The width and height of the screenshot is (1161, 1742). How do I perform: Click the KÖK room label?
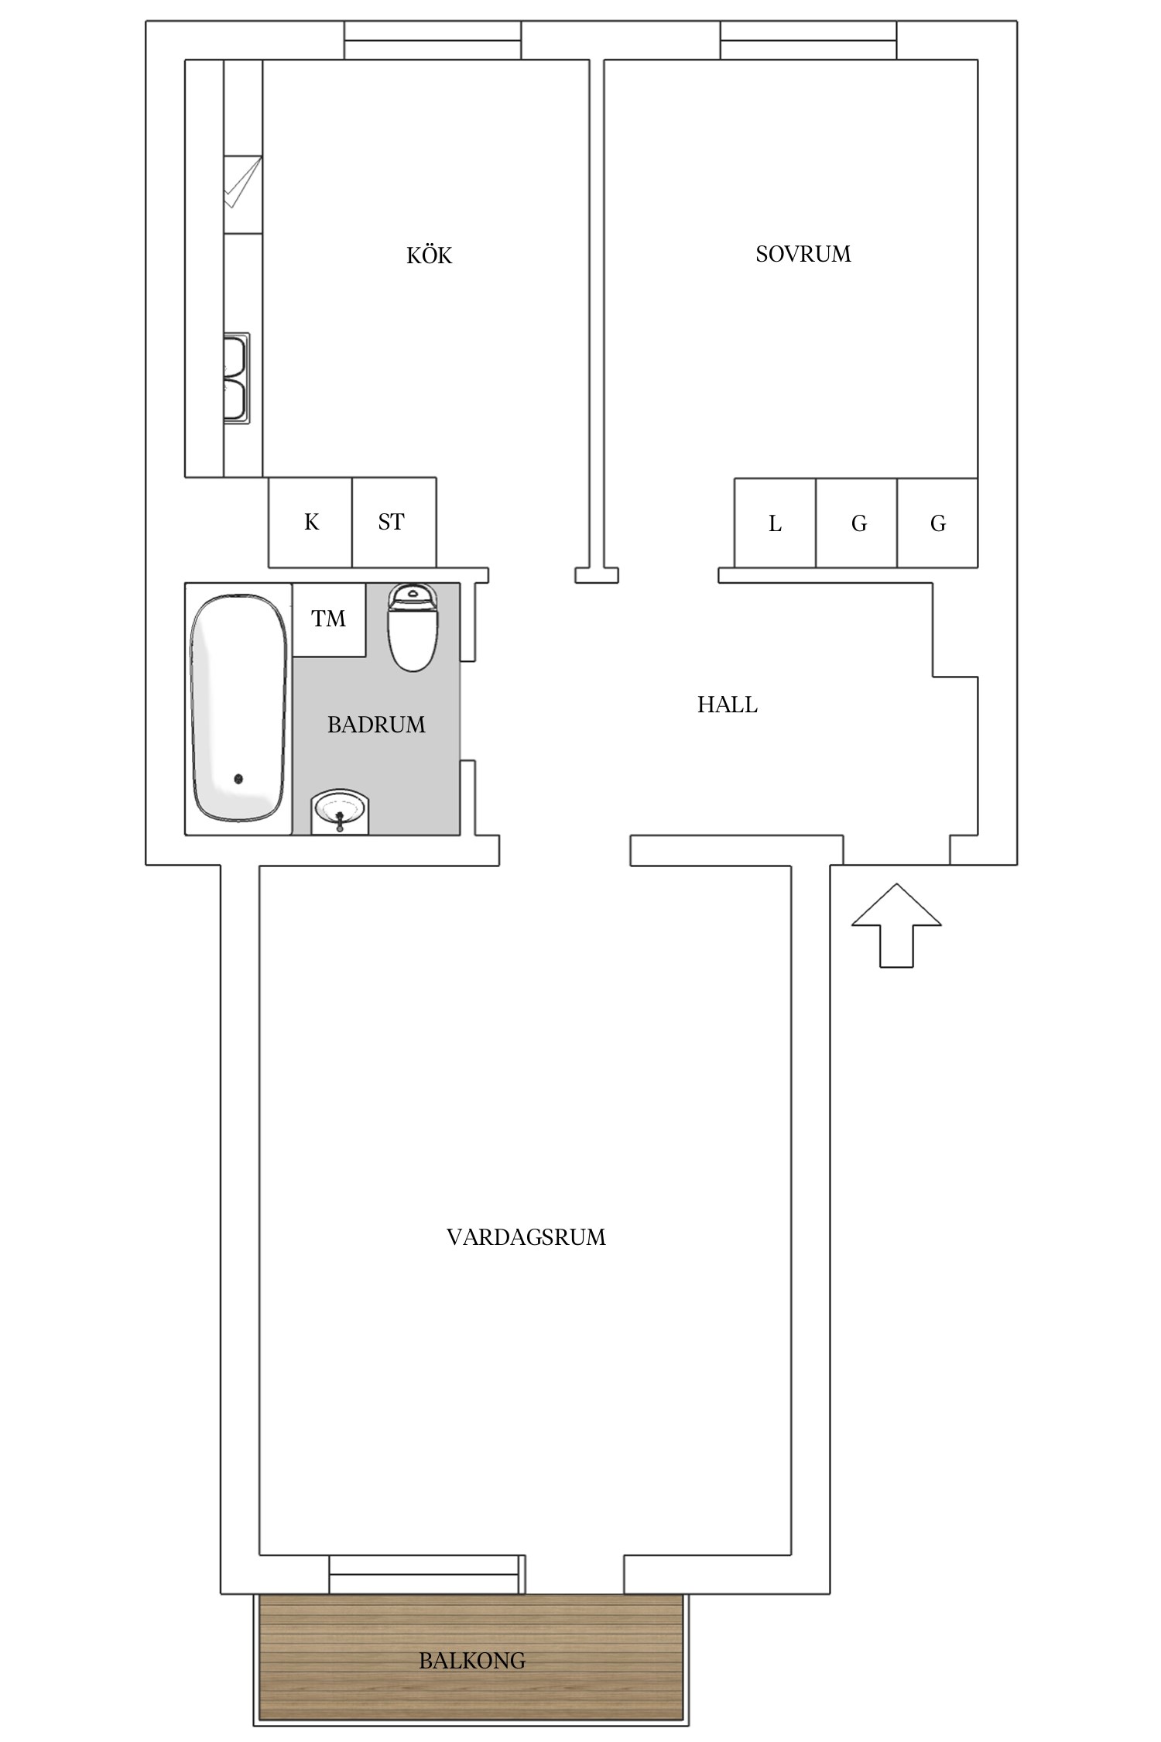point(429,255)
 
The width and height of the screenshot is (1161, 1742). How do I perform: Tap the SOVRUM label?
point(803,254)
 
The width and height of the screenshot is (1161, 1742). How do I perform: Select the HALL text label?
point(727,705)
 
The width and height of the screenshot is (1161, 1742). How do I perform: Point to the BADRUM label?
point(376,725)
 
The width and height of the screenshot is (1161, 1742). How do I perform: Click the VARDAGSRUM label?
point(526,1237)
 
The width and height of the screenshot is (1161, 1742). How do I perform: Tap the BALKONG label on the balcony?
point(472,1661)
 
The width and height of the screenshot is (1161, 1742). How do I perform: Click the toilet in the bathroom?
point(413,627)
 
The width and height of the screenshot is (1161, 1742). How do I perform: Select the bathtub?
point(238,708)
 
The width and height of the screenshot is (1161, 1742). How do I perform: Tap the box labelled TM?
point(328,619)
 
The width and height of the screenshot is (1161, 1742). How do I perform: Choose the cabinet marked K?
point(310,522)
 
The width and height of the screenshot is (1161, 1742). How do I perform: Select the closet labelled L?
point(775,523)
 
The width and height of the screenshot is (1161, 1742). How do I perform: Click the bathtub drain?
point(238,779)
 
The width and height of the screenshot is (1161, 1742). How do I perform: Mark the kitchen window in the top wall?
point(433,40)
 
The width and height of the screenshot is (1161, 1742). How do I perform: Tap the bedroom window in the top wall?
point(808,40)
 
